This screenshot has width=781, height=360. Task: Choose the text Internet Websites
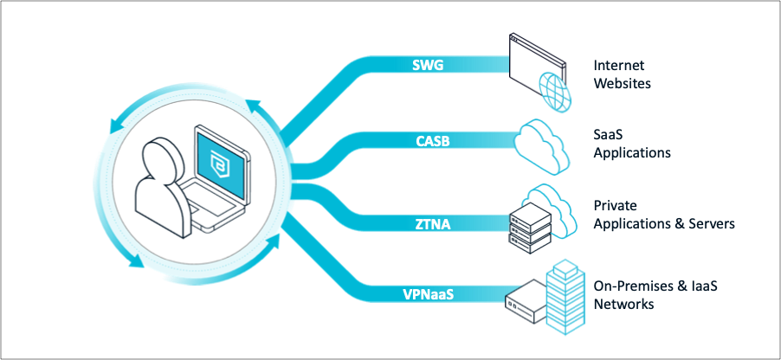(x=622, y=74)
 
